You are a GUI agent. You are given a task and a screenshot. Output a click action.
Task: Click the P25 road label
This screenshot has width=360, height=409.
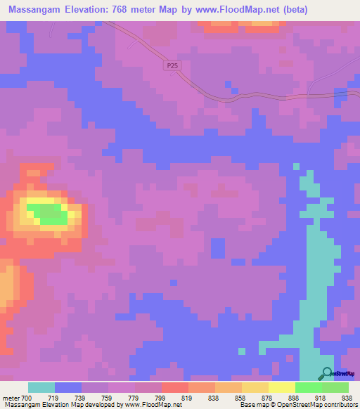174,65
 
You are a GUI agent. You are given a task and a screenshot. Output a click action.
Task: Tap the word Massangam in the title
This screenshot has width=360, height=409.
34,11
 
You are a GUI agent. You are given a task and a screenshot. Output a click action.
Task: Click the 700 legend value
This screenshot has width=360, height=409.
22,397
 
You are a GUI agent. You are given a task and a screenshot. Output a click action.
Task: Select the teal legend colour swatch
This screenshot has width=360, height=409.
41,387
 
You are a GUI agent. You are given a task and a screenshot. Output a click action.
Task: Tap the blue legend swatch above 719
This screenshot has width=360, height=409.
68,387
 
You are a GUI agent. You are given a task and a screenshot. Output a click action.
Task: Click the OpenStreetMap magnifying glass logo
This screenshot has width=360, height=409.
326,373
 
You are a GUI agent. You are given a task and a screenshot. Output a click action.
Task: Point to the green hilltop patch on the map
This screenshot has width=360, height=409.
51,214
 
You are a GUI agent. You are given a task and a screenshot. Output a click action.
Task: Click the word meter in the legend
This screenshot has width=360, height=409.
10,397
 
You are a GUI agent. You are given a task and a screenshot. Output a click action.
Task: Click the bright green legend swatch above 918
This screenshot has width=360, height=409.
308,387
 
